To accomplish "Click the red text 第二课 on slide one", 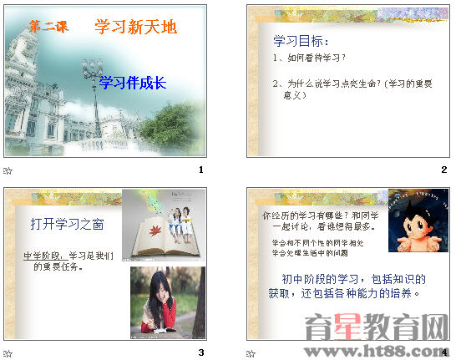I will (48, 28).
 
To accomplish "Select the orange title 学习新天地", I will (136, 27).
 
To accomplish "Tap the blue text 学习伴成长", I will (133, 82).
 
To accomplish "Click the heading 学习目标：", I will (301, 41).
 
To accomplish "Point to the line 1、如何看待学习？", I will (309, 58).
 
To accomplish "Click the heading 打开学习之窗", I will (67, 223).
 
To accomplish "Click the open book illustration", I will (149, 239).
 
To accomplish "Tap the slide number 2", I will (444, 170).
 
